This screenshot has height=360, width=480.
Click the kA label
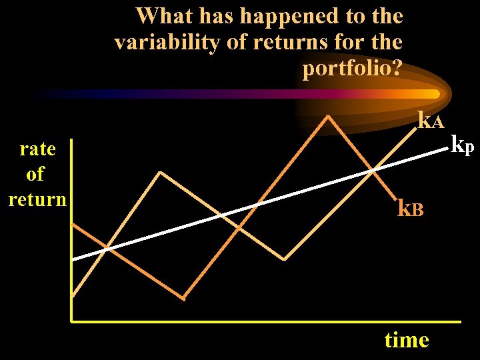point(430,121)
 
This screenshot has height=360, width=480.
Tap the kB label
point(411,209)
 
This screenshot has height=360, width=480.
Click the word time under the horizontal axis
point(407,340)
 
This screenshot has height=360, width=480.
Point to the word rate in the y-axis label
point(37,149)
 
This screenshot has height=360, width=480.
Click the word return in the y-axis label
point(37,199)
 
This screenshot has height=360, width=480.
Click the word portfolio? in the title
point(352,69)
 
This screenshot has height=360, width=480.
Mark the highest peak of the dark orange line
point(328,116)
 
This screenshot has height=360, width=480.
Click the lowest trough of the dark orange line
point(183,297)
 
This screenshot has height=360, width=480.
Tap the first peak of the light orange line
point(160,172)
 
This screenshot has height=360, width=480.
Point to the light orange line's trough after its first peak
point(285,259)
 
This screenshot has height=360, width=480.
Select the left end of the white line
point(73,259)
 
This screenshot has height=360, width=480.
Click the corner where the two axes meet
point(71,322)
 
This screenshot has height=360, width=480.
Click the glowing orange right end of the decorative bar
point(435,94)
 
